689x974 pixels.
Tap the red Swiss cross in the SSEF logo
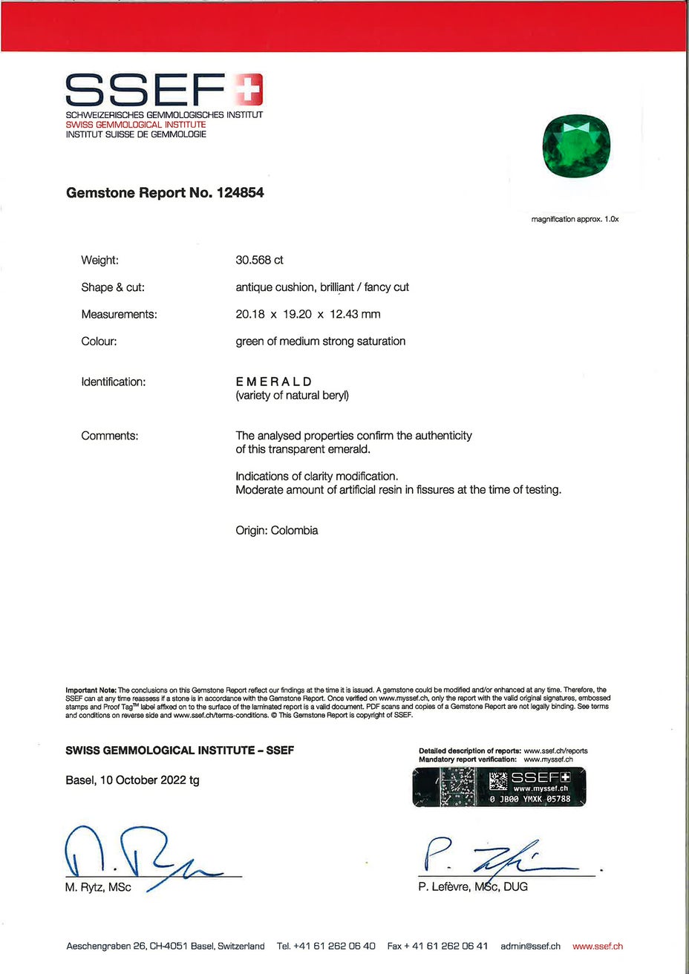coord(249,90)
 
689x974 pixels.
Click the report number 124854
coord(240,193)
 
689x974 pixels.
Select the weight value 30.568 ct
coord(259,261)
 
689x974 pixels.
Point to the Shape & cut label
coord(113,287)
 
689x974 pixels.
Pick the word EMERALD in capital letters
coord(274,382)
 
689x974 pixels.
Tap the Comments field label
coord(109,436)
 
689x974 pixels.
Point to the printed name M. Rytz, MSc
coord(98,887)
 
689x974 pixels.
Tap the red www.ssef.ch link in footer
coord(598,947)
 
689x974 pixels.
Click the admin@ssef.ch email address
coord(530,947)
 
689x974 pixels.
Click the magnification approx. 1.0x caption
coord(575,220)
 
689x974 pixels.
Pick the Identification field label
coord(113,382)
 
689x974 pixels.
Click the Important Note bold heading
coord(91,690)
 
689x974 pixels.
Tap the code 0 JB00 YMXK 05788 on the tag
coord(530,800)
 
